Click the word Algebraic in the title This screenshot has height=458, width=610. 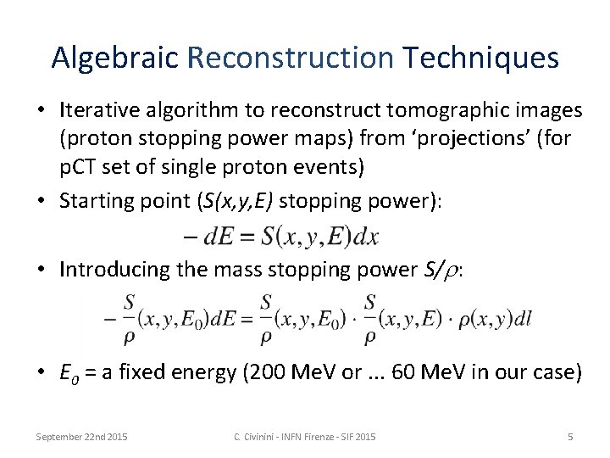click(x=115, y=58)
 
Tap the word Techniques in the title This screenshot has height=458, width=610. click(x=480, y=58)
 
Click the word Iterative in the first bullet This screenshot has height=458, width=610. click(x=93, y=110)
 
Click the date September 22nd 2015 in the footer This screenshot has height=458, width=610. click(x=81, y=436)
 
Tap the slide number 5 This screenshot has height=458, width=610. click(x=570, y=436)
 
